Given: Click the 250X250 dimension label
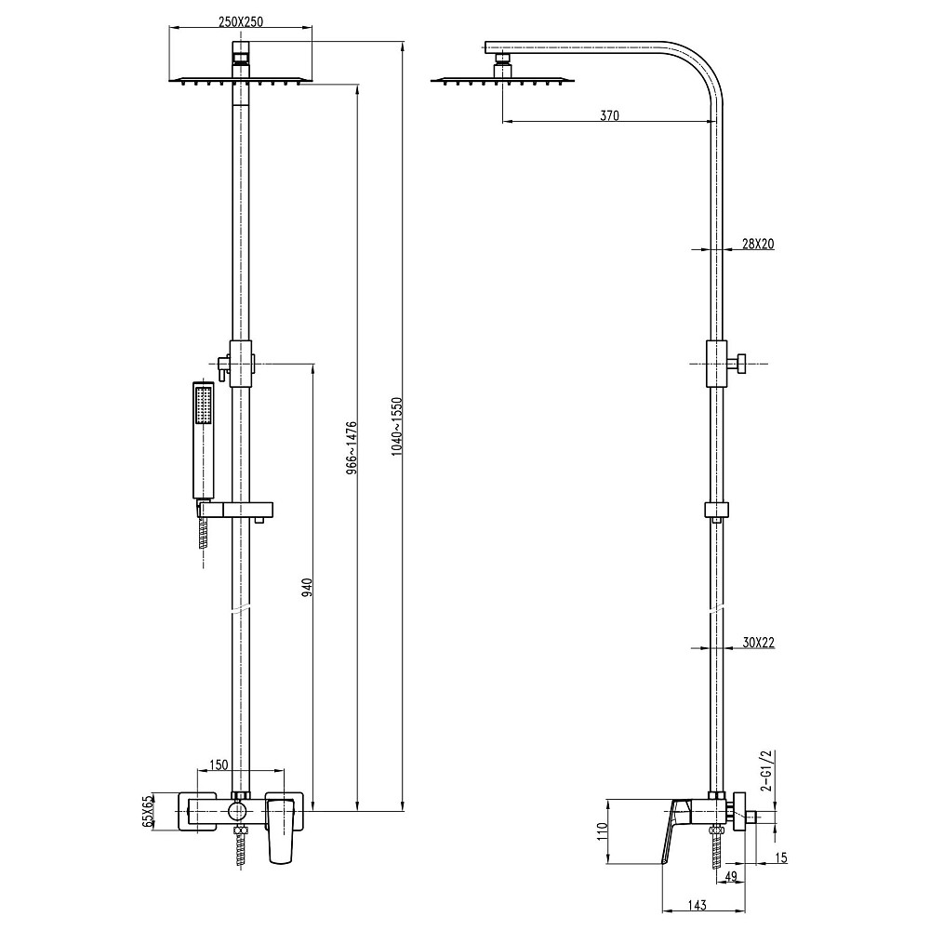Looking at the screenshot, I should [x=241, y=22].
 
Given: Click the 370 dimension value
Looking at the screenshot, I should [x=609, y=116].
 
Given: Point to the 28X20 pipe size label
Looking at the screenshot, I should [x=758, y=245].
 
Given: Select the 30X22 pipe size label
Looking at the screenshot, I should [x=759, y=643].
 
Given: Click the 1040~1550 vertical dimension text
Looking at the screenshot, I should [x=397, y=426].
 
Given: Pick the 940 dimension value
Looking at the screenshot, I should [x=307, y=587].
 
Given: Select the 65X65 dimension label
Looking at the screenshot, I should [x=147, y=810].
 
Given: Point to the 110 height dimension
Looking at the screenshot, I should [x=602, y=831].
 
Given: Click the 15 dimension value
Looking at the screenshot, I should [x=780, y=857].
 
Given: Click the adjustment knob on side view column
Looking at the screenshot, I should [x=741, y=364].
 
